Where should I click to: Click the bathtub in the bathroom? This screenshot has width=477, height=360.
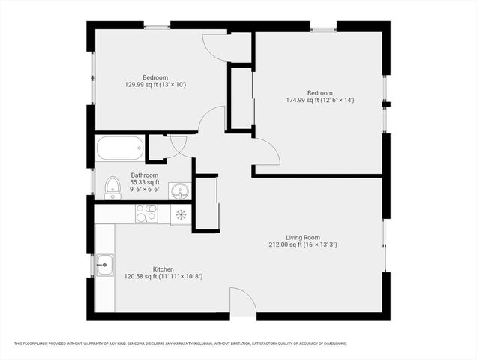120,148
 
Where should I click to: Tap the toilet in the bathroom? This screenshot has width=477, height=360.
112,187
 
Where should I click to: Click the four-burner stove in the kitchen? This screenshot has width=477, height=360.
145,214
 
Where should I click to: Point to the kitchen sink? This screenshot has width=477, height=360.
104,264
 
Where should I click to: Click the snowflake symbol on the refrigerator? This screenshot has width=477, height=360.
181,215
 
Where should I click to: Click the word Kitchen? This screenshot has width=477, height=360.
163,269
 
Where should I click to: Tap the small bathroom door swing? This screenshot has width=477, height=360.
179,142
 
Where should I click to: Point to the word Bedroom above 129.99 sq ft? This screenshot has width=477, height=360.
155,77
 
